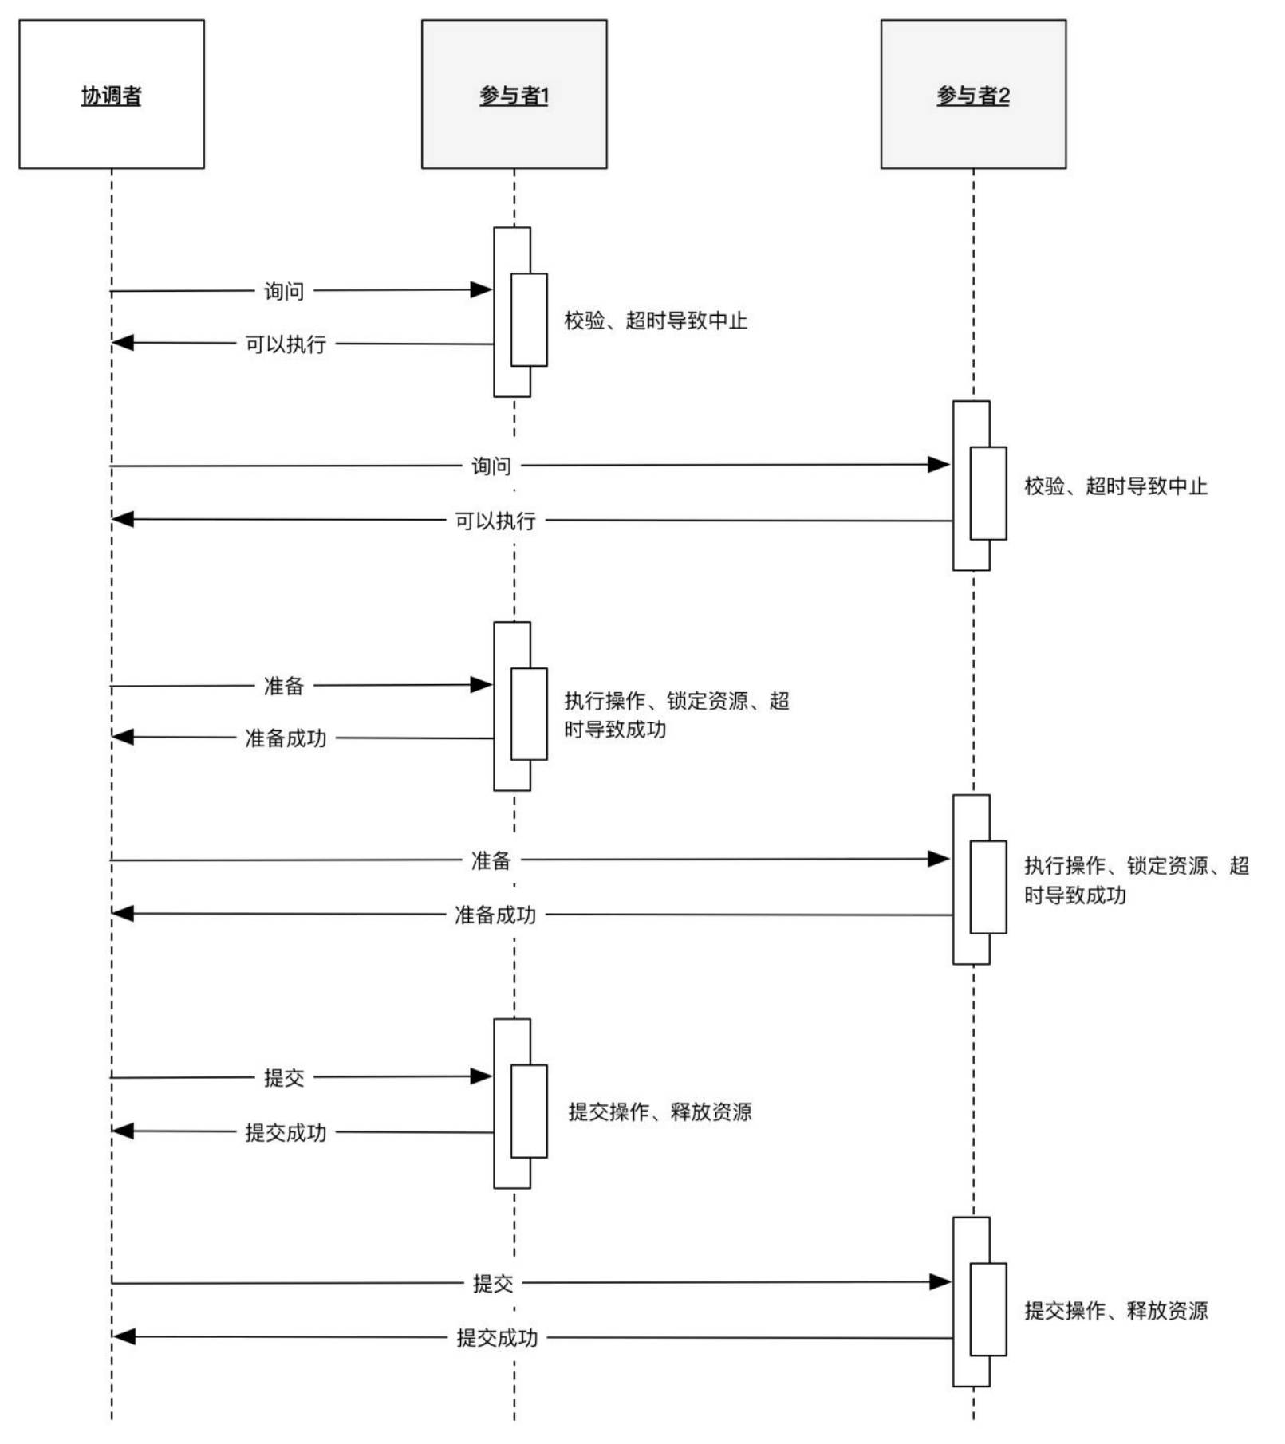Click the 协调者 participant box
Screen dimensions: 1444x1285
(x=112, y=94)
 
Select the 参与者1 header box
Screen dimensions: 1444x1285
(x=514, y=94)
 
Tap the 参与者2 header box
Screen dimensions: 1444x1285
(x=972, y=94)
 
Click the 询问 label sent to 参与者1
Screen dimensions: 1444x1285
(x=284, y=291)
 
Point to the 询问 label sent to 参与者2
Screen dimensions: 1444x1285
(x=491, y=466)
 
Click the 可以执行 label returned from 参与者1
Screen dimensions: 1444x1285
(x=286, y=344)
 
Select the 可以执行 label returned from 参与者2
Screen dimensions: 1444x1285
(x=495, y=521)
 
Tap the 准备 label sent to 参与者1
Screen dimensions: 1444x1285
(x=284, y=686)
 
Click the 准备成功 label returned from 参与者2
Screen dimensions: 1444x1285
(x=495, y=915)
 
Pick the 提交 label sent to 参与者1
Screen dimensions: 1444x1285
(x=284, y=1078)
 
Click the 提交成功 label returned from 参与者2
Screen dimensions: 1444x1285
(x=496, y=1337)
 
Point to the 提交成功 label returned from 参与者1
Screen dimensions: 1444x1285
(x=286, y=1132)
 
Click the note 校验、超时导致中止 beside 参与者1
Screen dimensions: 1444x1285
(x=655, y=321)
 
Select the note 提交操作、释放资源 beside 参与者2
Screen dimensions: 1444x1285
(x=1115, y=1310)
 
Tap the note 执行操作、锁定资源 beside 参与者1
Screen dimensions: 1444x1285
(x=676, y=714)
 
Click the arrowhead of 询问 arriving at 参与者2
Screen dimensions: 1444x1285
(x=939, y=465)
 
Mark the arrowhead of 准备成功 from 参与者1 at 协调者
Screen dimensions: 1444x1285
(x=123, y=737)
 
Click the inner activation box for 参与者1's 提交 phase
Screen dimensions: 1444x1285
(x=529, y=1111)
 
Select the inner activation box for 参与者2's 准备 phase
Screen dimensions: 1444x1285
(x=987, y=887)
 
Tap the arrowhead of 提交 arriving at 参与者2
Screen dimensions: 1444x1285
(x=940, y=1282)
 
